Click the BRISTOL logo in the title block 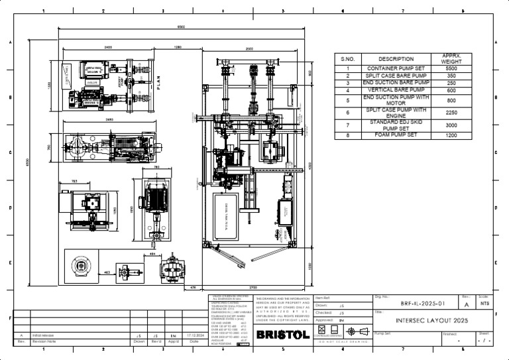[282, 335]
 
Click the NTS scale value [484, 304]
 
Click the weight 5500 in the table [451, 68]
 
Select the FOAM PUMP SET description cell [396, 135]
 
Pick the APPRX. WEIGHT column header [451, 59]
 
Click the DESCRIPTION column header [396, 59]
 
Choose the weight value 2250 [451, 113]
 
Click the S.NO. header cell [348, 59]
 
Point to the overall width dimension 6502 [180, 27]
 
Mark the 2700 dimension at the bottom [252, 287]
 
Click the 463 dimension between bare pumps [108, 272]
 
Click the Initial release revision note [42, 336]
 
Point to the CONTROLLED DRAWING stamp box [322, 331]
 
